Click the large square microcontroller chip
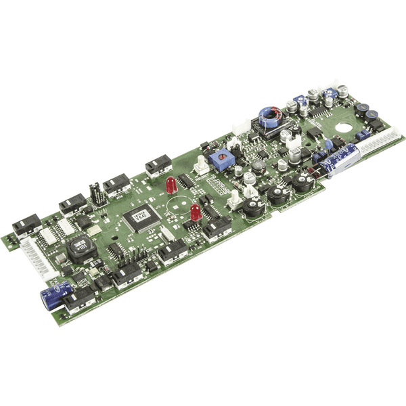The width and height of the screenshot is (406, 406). [140, 218]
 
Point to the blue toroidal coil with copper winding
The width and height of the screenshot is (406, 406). [269, 117]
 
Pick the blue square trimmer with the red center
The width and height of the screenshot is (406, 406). [219, 160]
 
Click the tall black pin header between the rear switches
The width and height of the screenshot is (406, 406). [97, 194]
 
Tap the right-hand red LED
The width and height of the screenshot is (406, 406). [195, 212]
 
